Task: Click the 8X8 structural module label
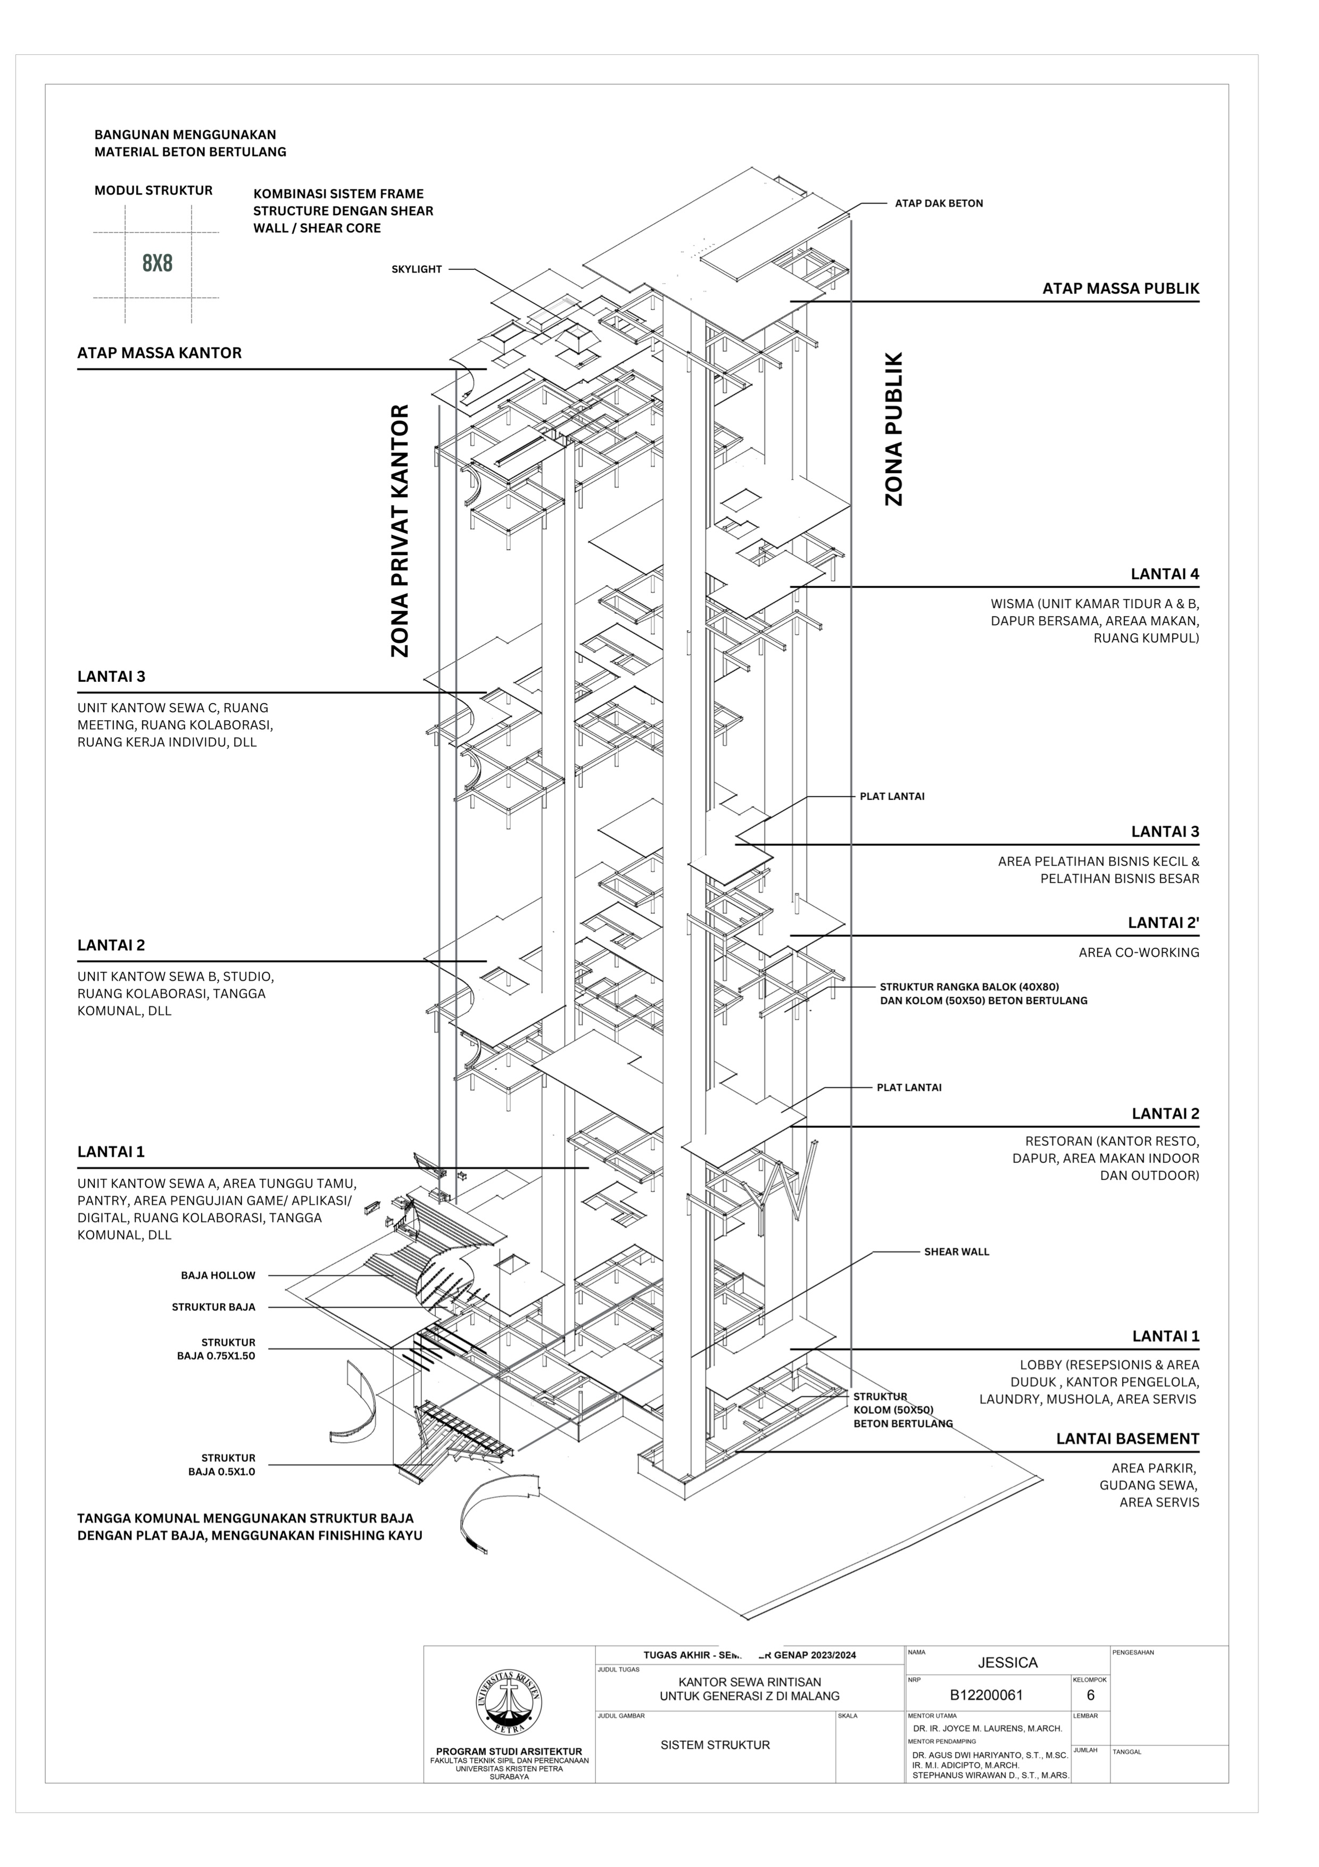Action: (157, 263)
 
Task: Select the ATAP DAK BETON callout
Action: (939, 203)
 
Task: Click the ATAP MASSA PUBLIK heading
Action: (1120, 288)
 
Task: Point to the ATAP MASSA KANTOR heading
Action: (159, 353)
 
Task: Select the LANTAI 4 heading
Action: (1164, 574)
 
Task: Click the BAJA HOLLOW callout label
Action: (218, 1276)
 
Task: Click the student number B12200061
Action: (986, 1696)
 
